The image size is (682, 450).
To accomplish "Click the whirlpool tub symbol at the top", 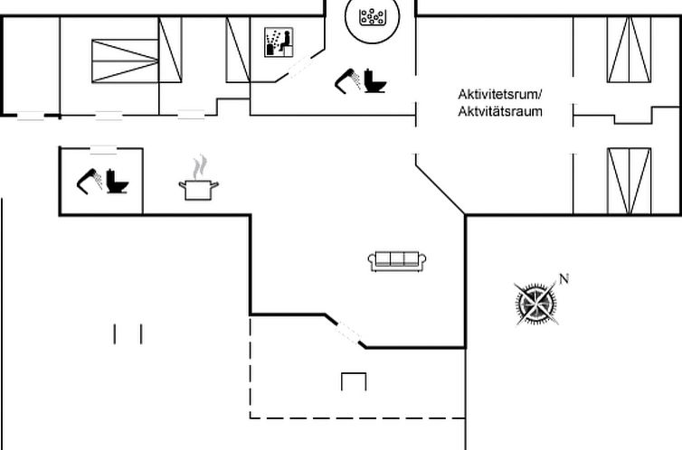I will tap(370, 16).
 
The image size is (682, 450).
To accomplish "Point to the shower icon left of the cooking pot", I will tap(88, 180).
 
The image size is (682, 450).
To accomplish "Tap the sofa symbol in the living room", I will tap(397, 261).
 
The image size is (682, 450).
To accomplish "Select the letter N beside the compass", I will tap(564, 279).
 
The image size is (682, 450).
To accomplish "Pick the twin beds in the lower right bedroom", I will tap(629, 179).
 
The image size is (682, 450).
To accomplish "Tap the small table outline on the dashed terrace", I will tap(354, 380).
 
